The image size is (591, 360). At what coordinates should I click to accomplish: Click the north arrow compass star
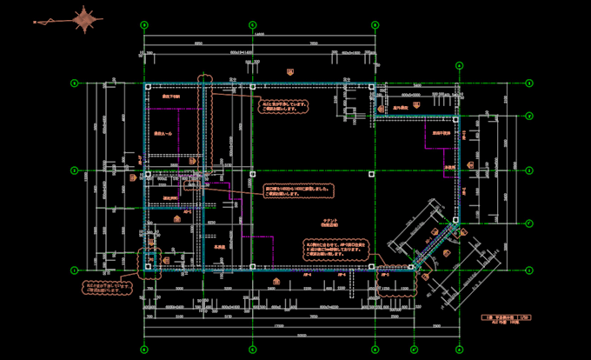coord(85,20)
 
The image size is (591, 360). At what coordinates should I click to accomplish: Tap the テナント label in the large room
coord(329,221)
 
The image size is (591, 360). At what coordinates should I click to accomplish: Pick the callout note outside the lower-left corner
coord(107,286)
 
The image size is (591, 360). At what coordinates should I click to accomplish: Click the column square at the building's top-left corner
coord(149,87)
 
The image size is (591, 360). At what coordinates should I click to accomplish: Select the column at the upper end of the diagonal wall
coord(455,221)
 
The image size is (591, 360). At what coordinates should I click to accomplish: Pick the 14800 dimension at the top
coord(259,35)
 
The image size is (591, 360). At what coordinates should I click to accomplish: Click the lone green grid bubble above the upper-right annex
coord(458,64)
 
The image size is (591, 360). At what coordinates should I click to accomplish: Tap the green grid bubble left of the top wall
coord(75,83)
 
